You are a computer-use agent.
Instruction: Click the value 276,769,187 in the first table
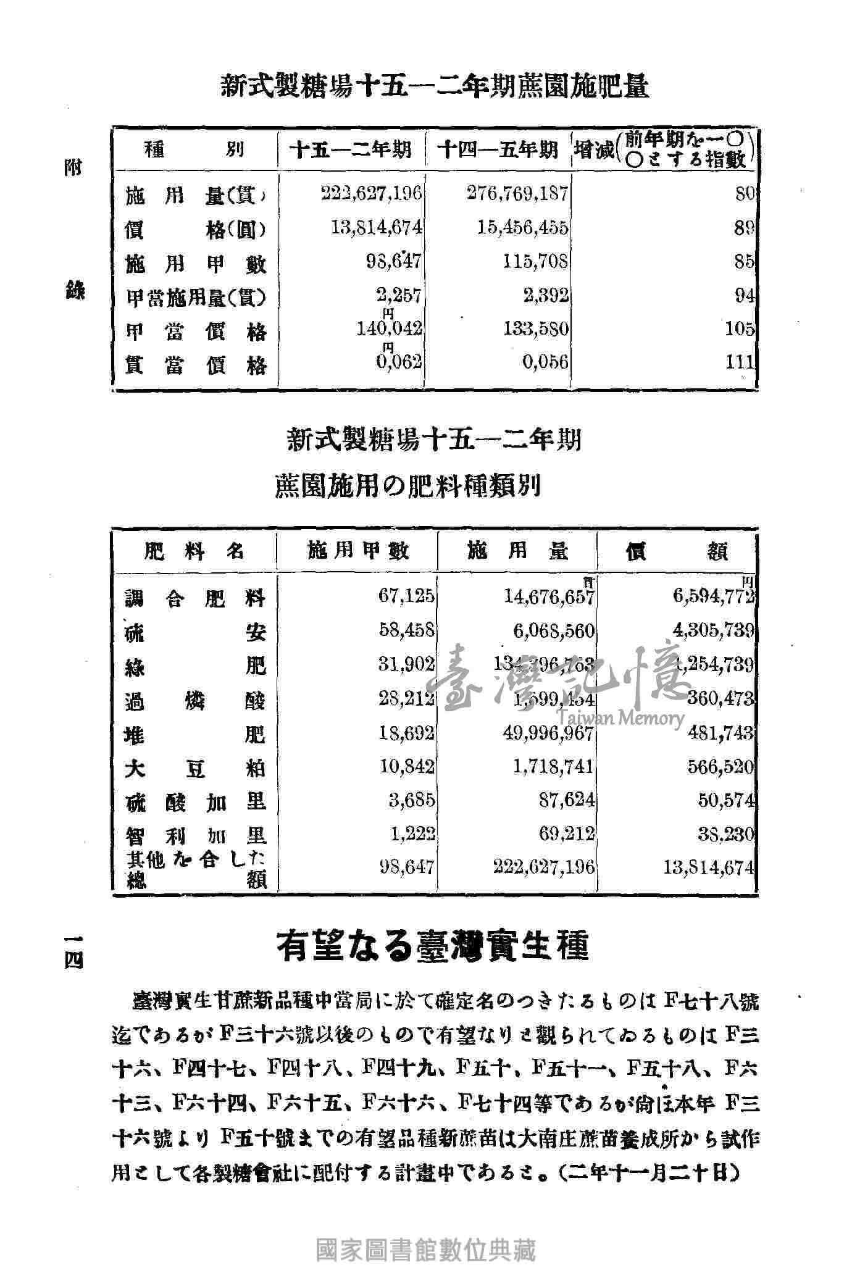tap(517, 194)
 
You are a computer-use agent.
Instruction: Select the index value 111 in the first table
tap(740, 362)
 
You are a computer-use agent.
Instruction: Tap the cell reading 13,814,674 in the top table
tap(377, 228)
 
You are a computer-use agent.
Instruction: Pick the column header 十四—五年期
tap(498, 150)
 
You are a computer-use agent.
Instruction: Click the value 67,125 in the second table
tap(406, 596)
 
